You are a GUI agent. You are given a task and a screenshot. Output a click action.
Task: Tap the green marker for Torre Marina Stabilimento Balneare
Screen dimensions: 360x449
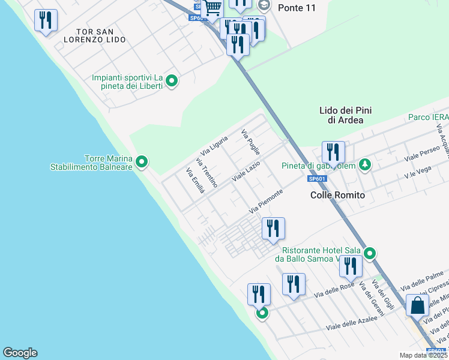click(142, 161)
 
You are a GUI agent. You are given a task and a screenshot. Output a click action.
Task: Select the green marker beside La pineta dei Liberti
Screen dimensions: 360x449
click(172, 81)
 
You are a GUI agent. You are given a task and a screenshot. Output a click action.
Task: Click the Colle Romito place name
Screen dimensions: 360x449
click(338, 196)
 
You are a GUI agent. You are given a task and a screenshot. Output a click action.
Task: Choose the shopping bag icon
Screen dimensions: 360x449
click(417, 305)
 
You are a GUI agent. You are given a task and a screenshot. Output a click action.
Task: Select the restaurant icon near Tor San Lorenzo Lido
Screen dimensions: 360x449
click(46, 20)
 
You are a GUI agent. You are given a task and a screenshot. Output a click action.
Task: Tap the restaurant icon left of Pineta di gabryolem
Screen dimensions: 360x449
click(333, 152)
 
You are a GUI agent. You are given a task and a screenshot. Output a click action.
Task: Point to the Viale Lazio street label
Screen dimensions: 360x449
click(246, 172)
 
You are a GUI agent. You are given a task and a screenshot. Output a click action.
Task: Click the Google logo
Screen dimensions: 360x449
click(20, 353)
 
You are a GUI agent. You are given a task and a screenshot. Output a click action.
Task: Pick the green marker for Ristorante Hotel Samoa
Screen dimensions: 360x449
click(370, 254)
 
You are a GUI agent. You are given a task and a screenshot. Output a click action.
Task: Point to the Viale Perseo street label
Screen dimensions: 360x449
click(419, 159)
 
